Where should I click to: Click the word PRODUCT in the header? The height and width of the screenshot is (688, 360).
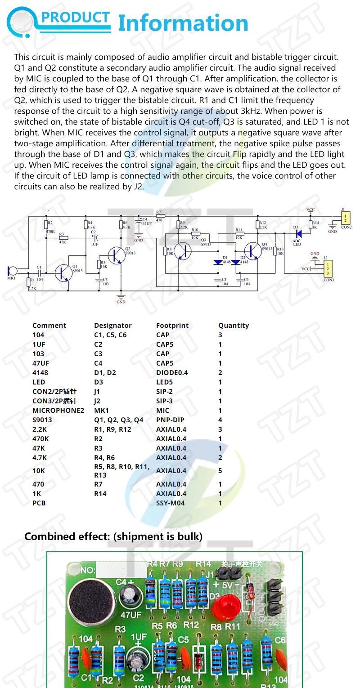tap(76, 18)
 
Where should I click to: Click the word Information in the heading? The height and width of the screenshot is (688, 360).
tap(183, 23)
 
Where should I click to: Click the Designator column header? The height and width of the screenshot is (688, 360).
tap(112, 326)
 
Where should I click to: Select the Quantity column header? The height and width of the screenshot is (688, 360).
tap(233, 326)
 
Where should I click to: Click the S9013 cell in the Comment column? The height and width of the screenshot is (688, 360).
tap(42, 420)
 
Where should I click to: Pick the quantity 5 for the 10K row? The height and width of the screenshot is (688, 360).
tap(220, 471)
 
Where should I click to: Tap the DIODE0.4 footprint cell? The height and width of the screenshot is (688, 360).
tap(172, 373)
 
